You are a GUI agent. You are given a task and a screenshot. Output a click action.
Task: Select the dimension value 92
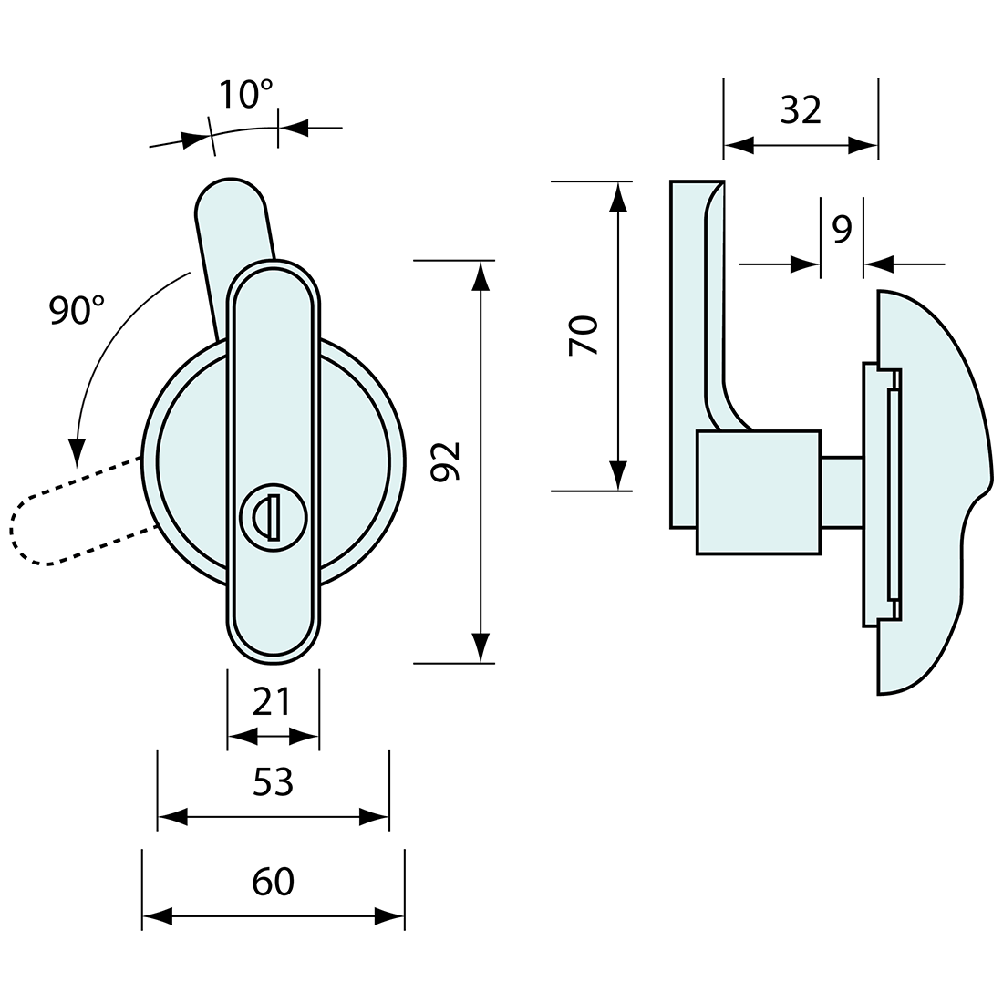coord(446,461)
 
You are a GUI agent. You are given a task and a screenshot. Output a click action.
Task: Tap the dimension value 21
coord(273,702)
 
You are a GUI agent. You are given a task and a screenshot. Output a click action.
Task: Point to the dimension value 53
coord(273,781)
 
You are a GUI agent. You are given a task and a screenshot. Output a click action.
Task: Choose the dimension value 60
coord(273,882)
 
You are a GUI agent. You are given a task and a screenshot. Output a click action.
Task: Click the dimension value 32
coord(801,110)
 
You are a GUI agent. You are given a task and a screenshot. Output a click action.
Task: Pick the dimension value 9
coord(842,230)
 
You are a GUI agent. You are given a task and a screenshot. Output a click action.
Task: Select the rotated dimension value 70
coord(584,335)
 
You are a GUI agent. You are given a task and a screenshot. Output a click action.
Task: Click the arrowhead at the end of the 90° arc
coord(78,451)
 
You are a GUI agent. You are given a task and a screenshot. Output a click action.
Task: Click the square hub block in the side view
coord(757,492)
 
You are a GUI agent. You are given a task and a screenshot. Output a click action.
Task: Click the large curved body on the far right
coord(930,492)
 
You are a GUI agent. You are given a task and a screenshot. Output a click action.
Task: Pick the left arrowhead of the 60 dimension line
coord(157,916)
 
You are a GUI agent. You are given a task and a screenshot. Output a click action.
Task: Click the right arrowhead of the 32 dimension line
coord(863,144)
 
